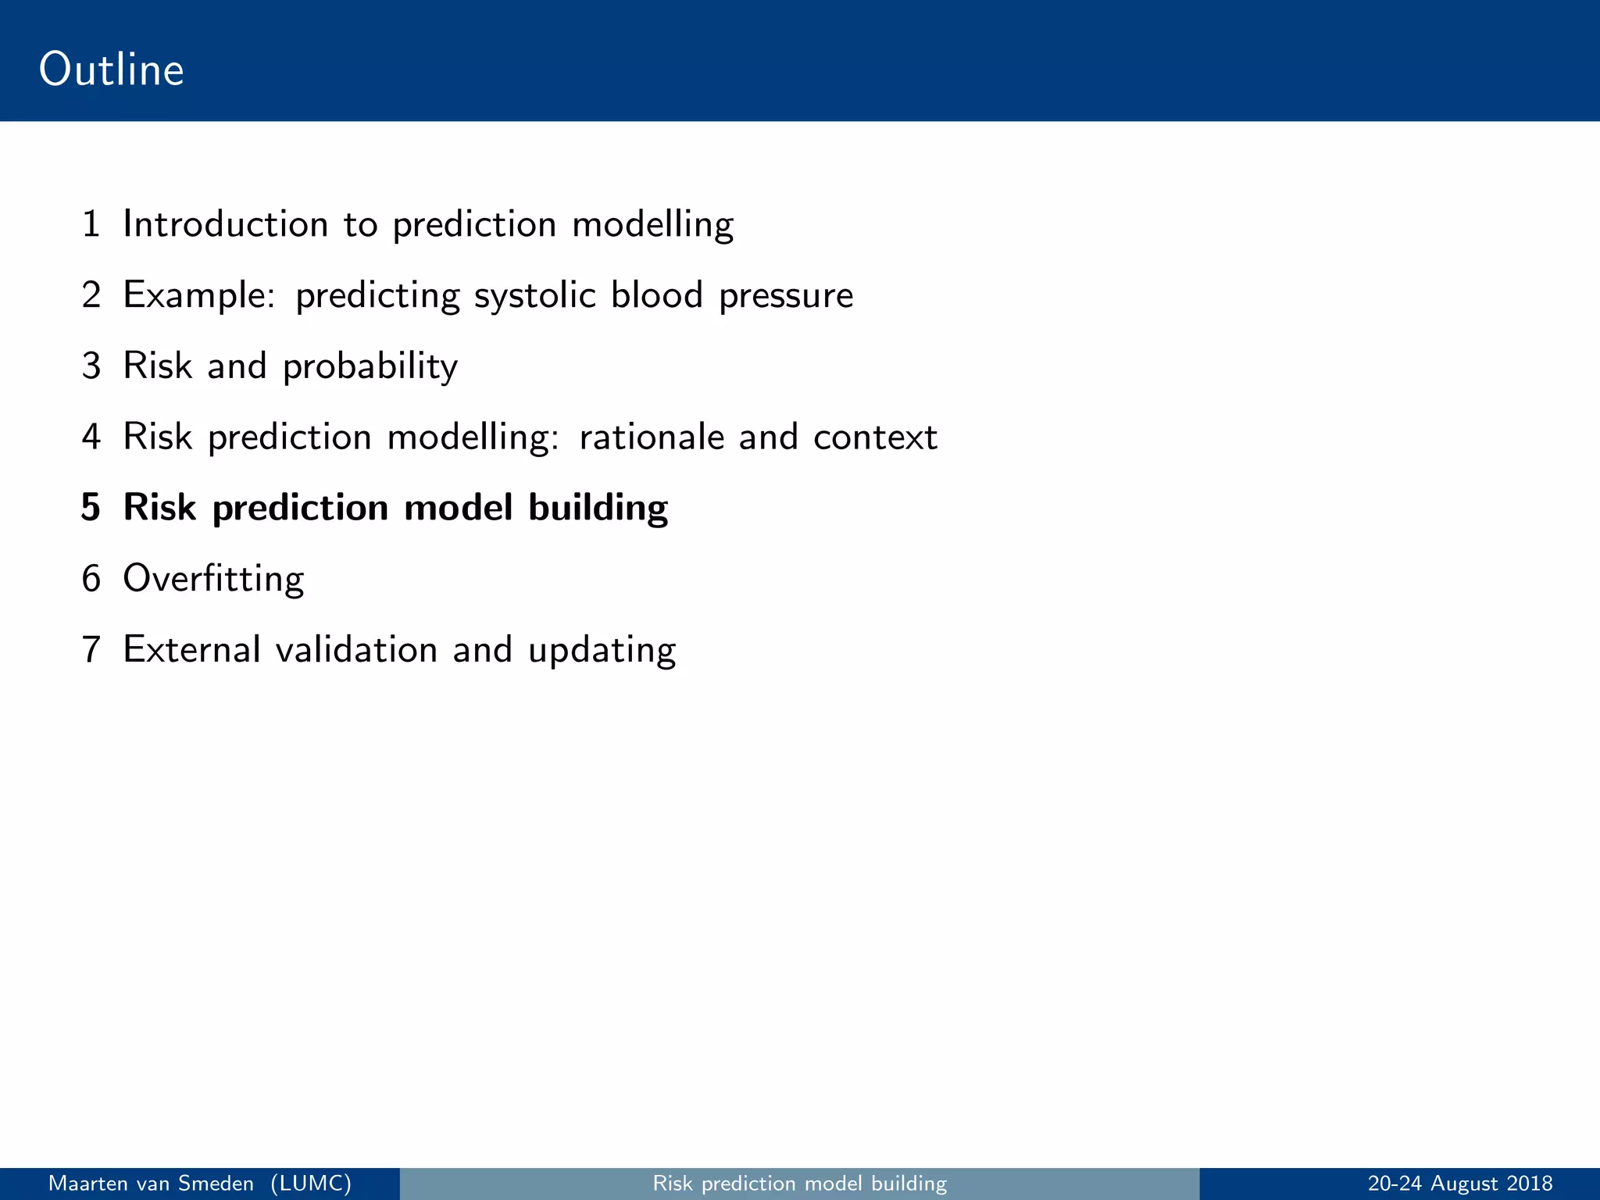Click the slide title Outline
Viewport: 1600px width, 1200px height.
click(x=111, y=70)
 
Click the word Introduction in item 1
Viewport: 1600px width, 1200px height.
click(x=225, y=224)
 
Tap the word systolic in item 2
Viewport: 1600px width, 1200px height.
click(x=534, y=296)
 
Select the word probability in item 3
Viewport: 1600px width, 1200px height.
click(x=370, y=366)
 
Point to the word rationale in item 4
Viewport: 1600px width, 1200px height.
click(x=651, y=437)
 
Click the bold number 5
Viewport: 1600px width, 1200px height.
click(x=91, y=508)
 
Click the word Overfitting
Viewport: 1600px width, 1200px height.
click(x=212, y=579)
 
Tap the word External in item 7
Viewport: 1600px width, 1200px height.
click(x=191, y=650)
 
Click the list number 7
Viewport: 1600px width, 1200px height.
click(x=91, y=650)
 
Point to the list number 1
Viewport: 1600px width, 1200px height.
click(x=91, y=224)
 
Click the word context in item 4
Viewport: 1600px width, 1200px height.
click(x=874, y=437)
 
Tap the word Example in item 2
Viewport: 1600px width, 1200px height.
click(x=198, y=296)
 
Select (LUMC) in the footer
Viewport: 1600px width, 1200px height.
click(x=311, y=1184)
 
